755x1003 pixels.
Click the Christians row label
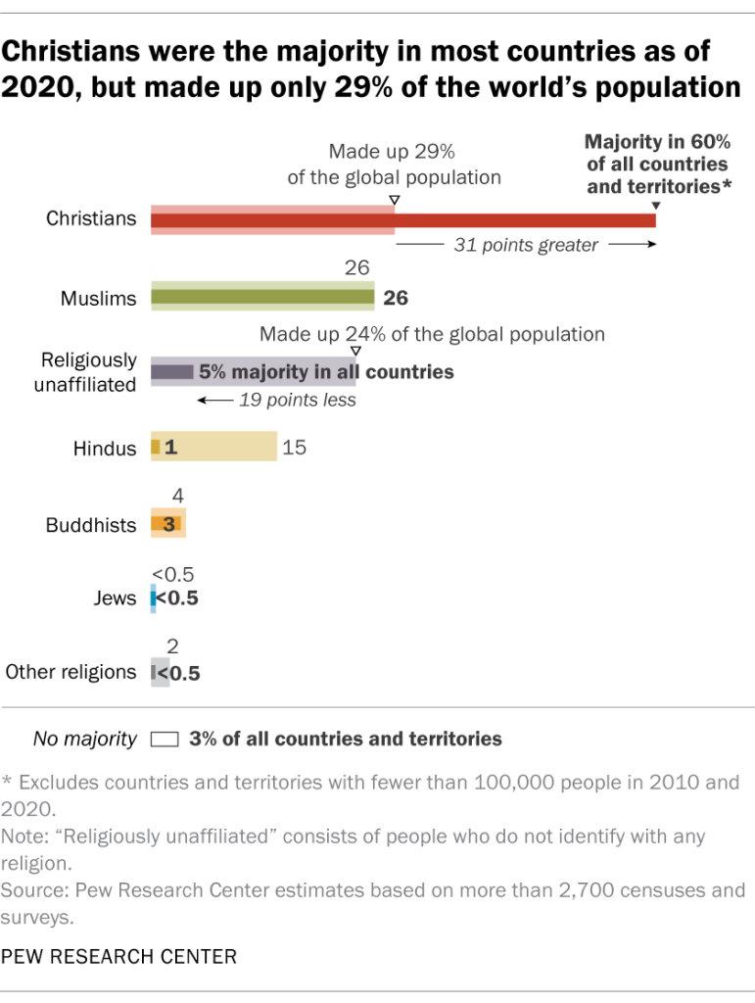click(x=91, y=218)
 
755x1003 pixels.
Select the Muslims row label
click(x=97, y=298)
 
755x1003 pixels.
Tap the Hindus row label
click(x=104, y=449)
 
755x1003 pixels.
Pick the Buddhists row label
click(x=91, y=525)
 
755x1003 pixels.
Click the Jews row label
click(x=117, y=597)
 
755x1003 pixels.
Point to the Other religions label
click(x=71, y=672)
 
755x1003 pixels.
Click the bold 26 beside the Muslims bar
click(x=396, y=298)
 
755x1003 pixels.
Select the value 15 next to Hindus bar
click(x=294, y=449)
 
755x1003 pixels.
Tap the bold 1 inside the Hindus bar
click(x=169, y=449)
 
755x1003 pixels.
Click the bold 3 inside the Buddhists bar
click(x=168, y=525)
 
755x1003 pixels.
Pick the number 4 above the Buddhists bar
click(x=177, y=496)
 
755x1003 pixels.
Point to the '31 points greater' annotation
click(x=525, y=246)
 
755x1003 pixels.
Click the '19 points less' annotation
click(x=297, y=401)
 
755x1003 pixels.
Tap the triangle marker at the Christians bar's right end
click(x=655, y=205)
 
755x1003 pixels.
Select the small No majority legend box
click(x=165, y=740)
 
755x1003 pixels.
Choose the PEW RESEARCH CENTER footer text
click(x=118, y=955)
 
